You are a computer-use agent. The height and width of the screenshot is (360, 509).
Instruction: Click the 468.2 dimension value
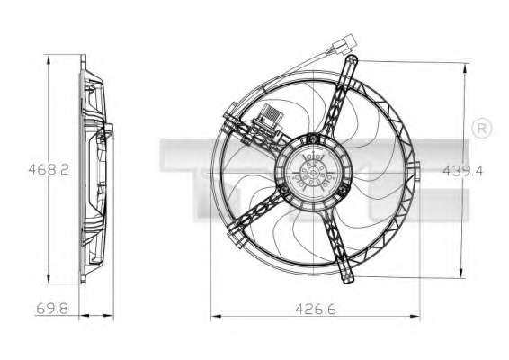point(49,169)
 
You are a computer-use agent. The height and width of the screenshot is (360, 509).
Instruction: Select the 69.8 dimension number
point(52,309)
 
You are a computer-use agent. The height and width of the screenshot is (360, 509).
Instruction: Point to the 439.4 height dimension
point(463,171)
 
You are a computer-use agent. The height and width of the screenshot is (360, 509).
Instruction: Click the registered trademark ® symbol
point(482,129)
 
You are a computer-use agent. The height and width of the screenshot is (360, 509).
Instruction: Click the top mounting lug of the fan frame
point(352,61)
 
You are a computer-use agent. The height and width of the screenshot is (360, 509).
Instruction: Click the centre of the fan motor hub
point(313,173)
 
